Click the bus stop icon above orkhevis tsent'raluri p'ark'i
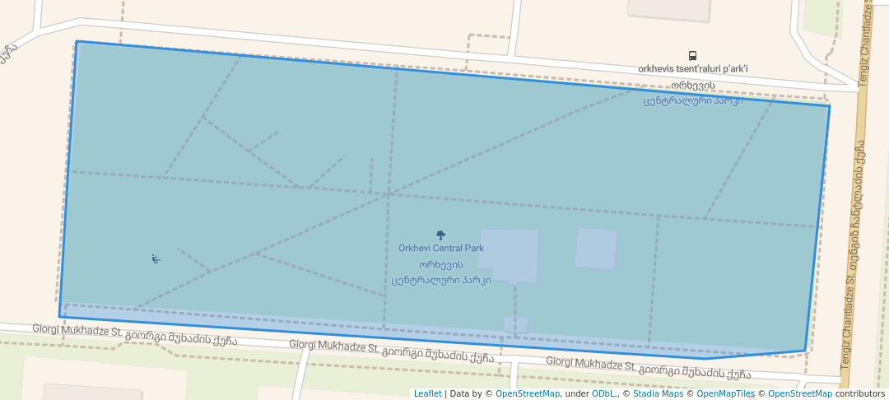click(692, 56)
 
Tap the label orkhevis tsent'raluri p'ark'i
click(692, 69)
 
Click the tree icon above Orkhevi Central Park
click(440, 235)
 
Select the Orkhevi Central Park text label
click(440, 248)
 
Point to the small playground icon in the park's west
click(156, 259)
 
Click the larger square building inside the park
click(509, 255)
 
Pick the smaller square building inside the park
click(596, 249)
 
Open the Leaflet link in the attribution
click(427, 393)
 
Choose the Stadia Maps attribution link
click(658, 393)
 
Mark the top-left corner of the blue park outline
click(77, 41)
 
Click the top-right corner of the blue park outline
click(829, 105)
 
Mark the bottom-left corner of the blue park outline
click(59, 317)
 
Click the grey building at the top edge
click(669, 8)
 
